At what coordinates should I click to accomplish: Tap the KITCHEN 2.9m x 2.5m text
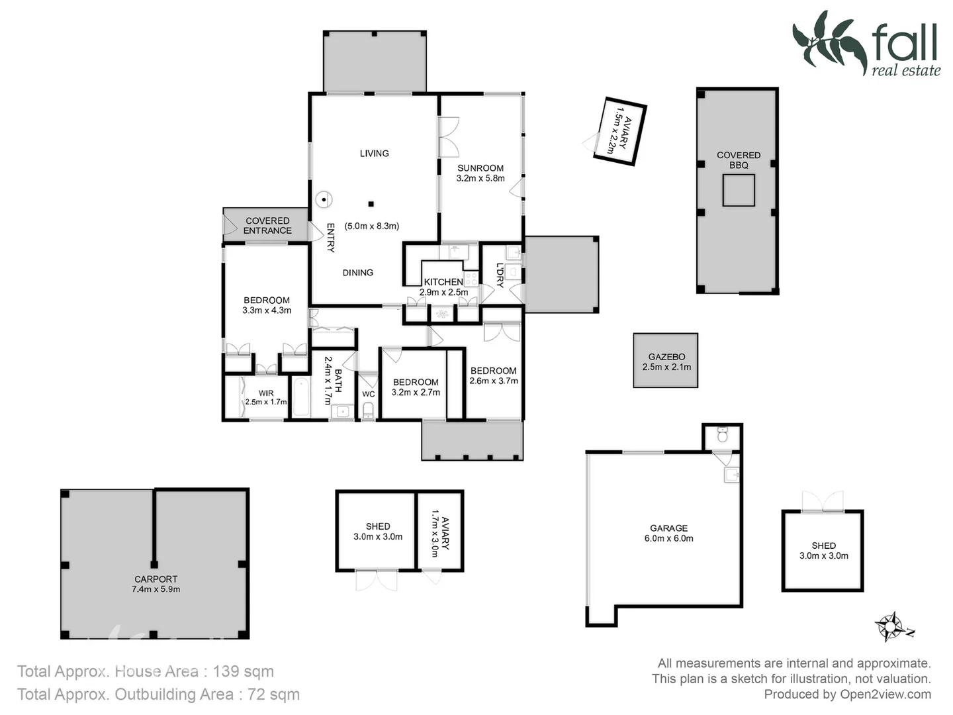point(443,287)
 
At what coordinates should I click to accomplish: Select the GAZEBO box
point(666,361)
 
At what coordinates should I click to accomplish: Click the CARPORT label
point(156,583)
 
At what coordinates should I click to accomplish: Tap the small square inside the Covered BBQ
point(739,191)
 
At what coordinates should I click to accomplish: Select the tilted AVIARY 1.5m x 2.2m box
point(620,131)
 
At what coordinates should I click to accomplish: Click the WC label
point(369,394)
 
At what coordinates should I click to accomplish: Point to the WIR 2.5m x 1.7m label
point(266,397)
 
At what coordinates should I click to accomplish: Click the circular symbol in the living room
point(324,199)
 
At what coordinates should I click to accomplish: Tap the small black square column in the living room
point(371,204)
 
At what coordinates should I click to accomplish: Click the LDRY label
point(500,275)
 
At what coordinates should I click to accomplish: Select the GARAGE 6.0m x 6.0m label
point(668,533)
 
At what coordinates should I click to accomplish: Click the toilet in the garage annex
point(722,435)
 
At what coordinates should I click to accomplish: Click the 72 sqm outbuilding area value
point(273,694)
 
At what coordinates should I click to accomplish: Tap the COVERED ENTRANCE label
point(267,225)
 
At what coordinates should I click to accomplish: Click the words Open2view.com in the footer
point(885,694)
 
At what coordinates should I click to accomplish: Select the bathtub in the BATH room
point(301,397)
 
